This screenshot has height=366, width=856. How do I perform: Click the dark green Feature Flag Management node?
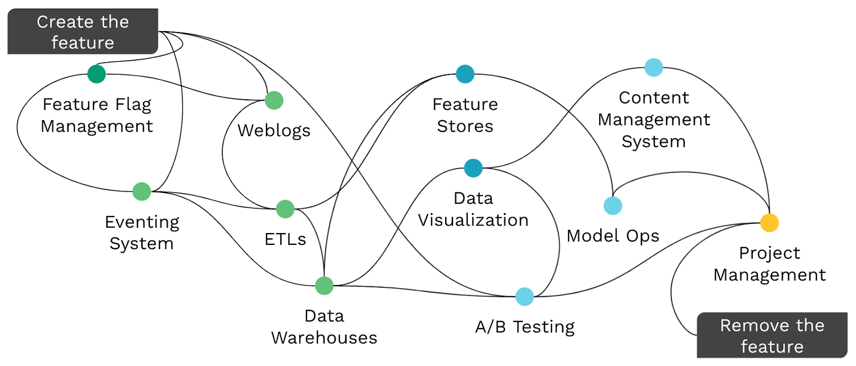tap(96, 74)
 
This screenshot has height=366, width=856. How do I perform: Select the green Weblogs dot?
tap(274, 100)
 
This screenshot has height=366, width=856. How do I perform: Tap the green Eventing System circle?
tap(142, 191)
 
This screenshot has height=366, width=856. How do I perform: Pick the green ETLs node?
tap(285, 209)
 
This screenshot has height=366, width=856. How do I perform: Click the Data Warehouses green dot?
tap(324, 286)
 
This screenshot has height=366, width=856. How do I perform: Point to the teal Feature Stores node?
tap(465, 74)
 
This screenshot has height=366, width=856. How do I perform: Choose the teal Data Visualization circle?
tap(473, 168)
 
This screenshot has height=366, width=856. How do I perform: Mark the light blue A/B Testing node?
tap(524, 296)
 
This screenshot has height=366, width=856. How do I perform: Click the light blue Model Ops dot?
tap(613, 206)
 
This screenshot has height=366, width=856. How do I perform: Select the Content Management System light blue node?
tap(654, 68)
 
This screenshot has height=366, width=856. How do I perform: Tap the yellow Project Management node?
tap(769, 222)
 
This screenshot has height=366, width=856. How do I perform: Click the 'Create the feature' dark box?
tap(83, 32)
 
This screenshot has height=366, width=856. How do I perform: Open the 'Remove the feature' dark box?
tap(772, 335)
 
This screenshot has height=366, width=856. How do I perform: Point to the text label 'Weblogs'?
tap(274, 130)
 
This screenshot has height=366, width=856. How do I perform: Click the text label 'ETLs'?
tap(285, 239)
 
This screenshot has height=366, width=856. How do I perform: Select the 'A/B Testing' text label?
tap(525, 326)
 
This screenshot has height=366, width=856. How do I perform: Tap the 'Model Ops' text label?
tap(613, 236)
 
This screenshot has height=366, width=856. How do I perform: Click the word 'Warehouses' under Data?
tap(324, 338)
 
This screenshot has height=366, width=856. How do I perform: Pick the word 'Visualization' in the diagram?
tap(473, 220)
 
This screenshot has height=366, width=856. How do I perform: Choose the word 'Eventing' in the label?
tap(142, 222)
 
